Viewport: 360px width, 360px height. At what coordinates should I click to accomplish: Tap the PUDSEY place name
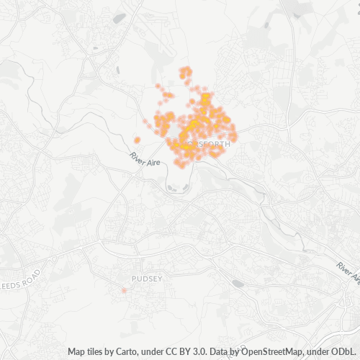point(147,277)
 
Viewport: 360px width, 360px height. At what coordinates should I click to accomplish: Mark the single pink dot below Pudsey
point(124,290)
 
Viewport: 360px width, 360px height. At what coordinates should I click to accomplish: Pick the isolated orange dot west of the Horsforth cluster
point(137,140)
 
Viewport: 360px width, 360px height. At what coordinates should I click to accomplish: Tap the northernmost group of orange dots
point(185,72)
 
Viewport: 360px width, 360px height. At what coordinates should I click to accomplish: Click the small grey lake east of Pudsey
point(238,284)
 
